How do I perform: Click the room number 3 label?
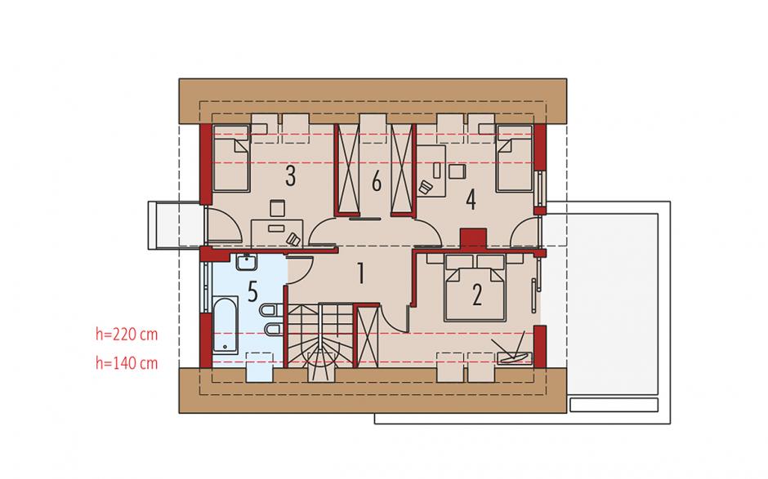point(290,176)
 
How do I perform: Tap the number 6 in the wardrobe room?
point(376,182)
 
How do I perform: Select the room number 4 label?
point(471,200)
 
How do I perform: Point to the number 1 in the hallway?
point(361,273)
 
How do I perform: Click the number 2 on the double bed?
point(476,295)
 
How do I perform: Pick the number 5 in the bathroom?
point(252,291)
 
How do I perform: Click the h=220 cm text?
point(127,335)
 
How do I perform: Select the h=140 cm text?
point(127,363)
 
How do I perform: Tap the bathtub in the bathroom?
point(225,325)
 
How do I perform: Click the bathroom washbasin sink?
point(247,262)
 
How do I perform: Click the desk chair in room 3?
point(294,239)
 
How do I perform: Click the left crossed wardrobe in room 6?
point(347,169)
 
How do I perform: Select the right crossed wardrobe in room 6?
point(404,169)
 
